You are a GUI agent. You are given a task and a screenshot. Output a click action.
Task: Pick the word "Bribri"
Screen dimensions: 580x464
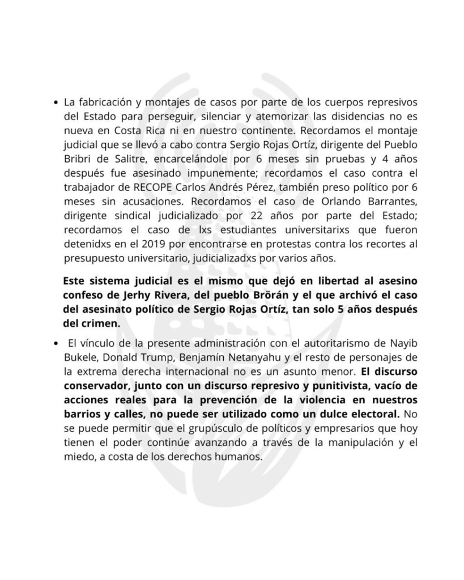coord(79,159)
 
